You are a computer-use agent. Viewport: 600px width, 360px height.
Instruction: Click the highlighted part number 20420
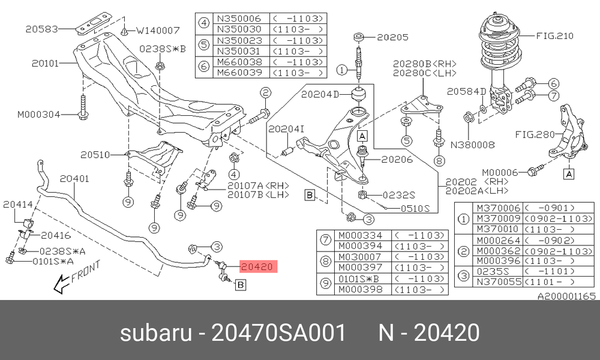tap(257, 266)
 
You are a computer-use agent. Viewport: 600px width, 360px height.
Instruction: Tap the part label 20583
tap(42, 29)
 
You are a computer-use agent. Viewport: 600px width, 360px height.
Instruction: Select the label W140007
tap(158, 30)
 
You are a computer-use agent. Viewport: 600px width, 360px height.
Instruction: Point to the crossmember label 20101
tap(45, 63)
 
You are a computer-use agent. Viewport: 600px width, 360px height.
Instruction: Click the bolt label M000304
tap(38, 114)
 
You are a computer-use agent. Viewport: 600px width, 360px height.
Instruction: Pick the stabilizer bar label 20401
tap(74, 179)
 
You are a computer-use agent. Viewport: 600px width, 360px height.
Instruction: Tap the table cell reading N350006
tap(239, 19)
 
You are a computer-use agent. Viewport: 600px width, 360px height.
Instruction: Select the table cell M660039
tap(239, 73)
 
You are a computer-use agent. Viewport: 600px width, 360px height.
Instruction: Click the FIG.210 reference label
tap(554, 36)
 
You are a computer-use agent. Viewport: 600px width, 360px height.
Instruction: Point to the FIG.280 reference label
tap(535, 134)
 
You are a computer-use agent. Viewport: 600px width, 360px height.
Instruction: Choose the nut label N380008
tap(473, 145)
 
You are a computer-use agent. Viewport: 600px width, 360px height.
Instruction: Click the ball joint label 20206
tap(397, 159)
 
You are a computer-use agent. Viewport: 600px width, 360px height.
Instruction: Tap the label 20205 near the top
tap(392, 37)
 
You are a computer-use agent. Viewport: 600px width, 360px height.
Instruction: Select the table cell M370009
tap(498, 218)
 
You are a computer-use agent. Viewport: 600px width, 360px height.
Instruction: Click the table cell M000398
tap(360, 289)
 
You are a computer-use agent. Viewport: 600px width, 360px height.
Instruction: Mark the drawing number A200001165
tap(567, 296)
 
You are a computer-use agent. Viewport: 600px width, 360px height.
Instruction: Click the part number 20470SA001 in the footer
tap(278, 332)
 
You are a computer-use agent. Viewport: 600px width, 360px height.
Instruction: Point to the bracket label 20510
tap(95, 155)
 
